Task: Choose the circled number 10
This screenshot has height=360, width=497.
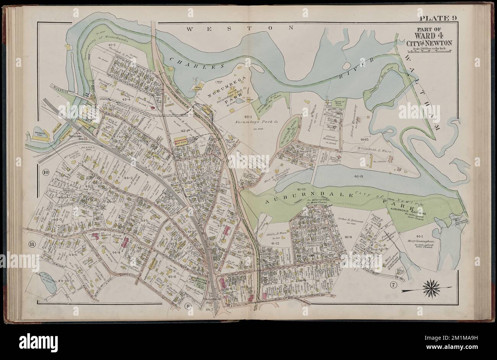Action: click(46, 172)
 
